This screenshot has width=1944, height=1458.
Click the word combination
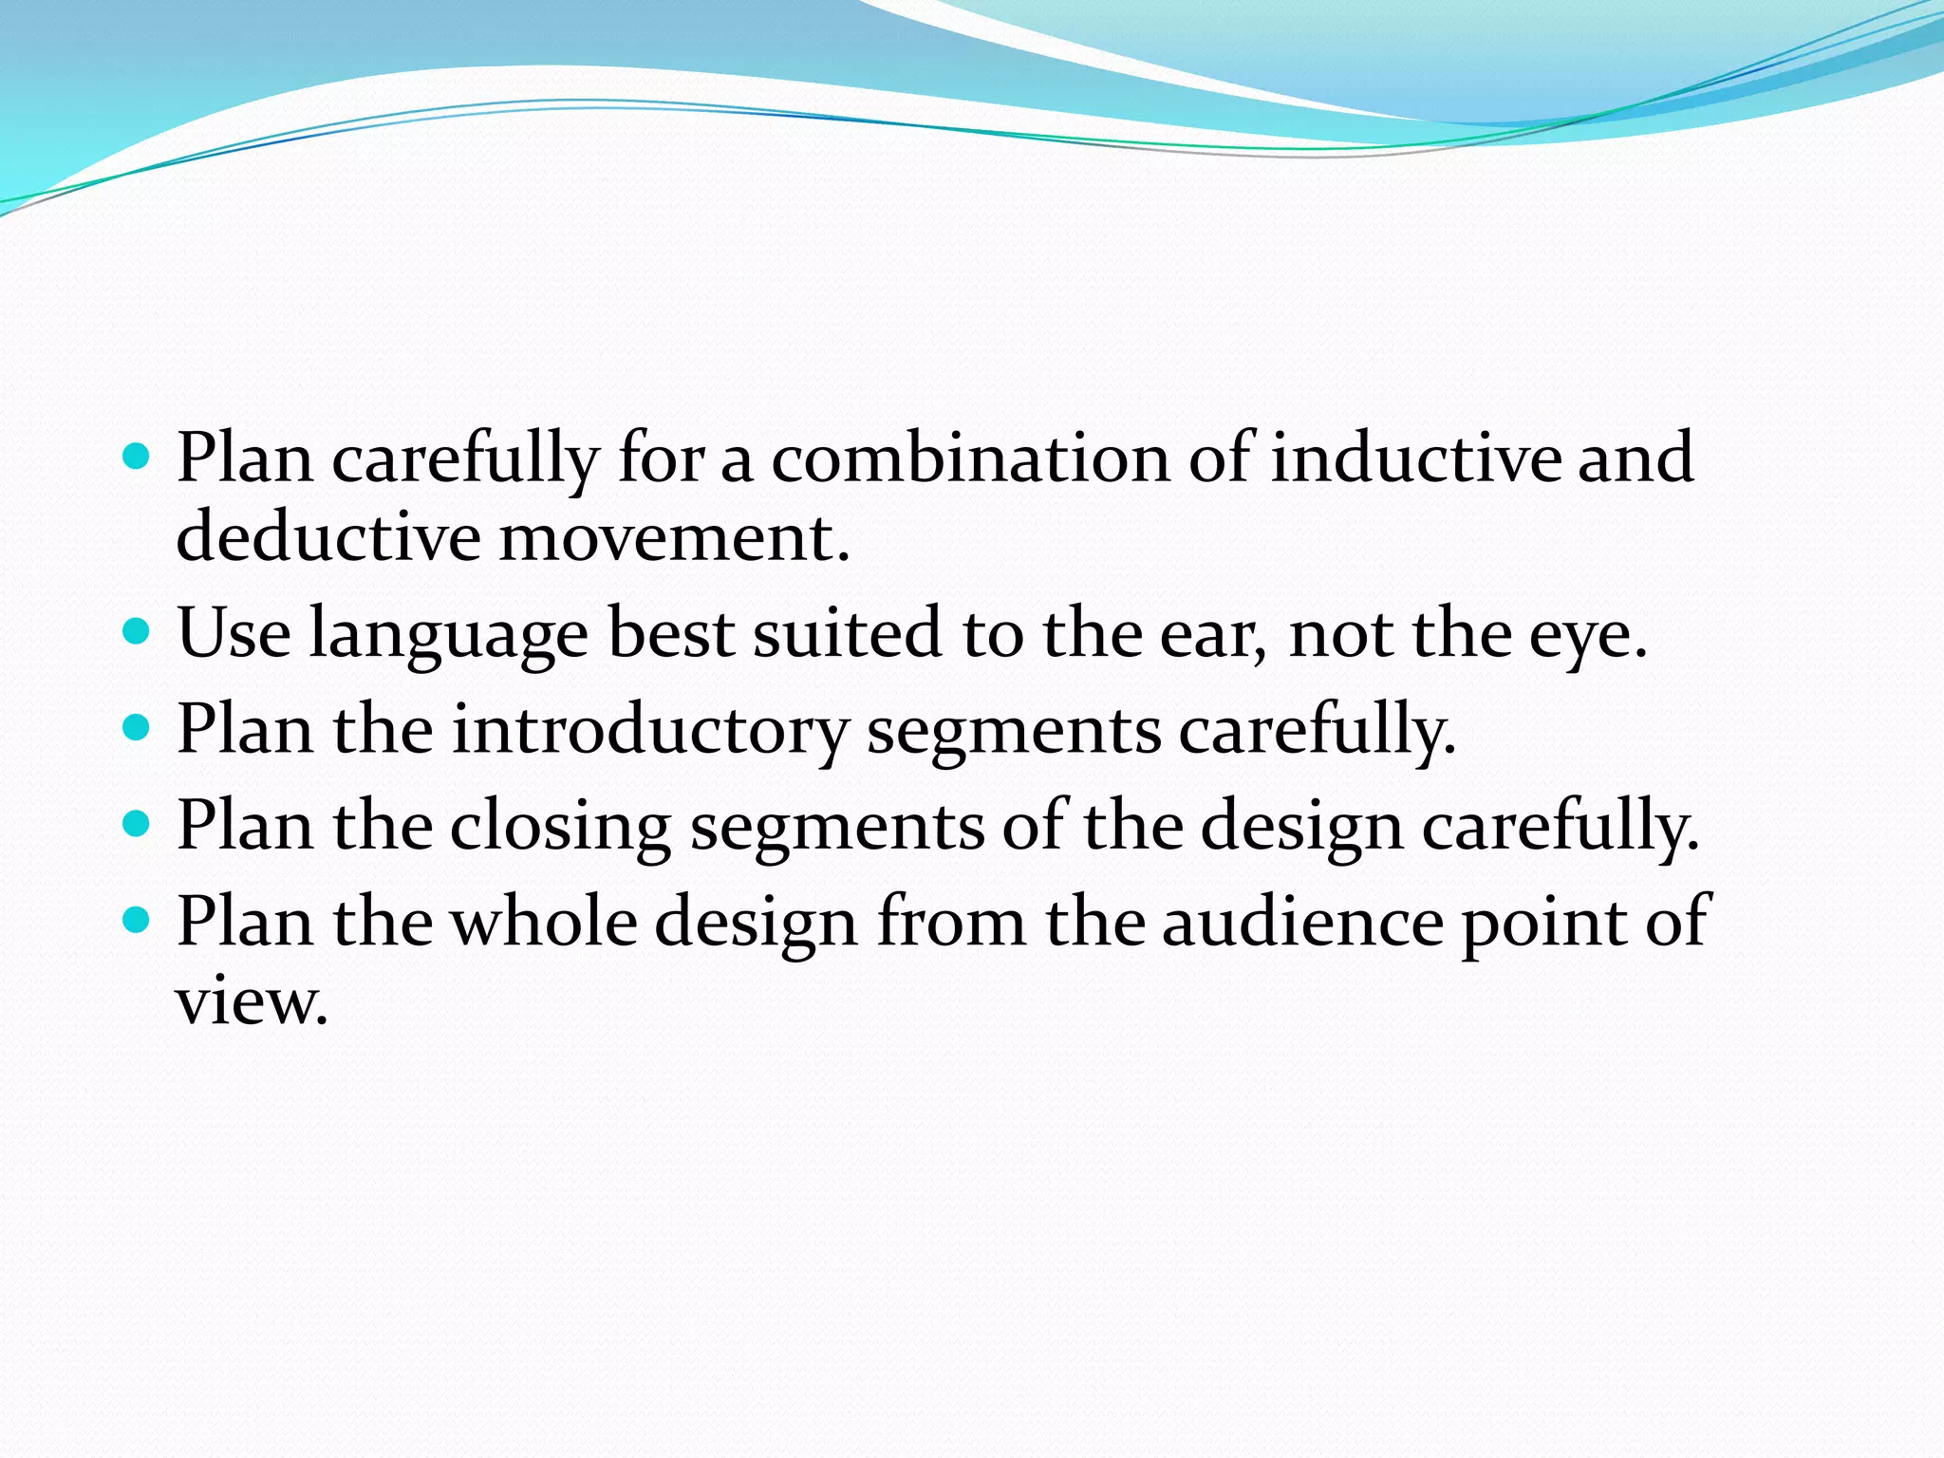pyautogui.click(x=970, y=458)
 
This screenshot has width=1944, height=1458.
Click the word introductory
pyautogui.click(x=649, y=731)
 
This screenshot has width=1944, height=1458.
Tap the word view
pyautogui.click(x=251, y=1001)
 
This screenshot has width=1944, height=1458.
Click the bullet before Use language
pyautogui.click(x=138, y=631)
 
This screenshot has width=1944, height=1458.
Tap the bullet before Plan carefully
pyautogui.click(x=138, y=458)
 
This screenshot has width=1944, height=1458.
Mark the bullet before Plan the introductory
pyautogui.click(x=138, y=728)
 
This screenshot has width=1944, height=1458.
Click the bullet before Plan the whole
pyautogui.click(x=138, y=920)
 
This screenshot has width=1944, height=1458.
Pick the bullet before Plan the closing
pyautogui.click(x=138, y=824)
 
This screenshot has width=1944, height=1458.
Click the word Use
pyautogui.click(x=234, y=633)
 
